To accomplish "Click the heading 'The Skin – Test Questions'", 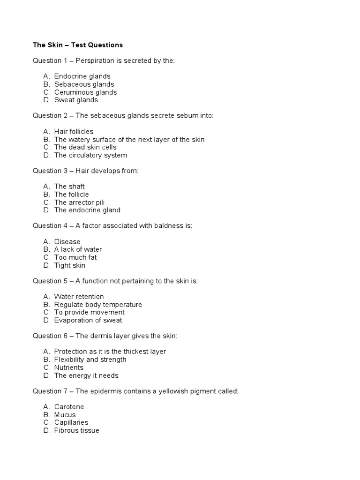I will [x=77, y=45].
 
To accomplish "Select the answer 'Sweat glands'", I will [x=76, y=100].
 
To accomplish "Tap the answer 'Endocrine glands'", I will [x=82, y=76].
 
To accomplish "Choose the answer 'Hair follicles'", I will [x=74, y=131].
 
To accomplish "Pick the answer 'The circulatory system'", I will [x=90, y=155].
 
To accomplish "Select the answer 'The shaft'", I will [x=69, y=186].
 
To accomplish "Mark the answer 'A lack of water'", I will [x=78, y=249].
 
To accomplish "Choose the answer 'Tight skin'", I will [x=70, y=265].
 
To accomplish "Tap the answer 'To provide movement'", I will [x=89, y=312].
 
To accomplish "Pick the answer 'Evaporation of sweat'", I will [x=88, y=320].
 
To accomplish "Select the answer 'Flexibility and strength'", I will [x=90, y=360].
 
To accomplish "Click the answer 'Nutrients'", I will [x=68, y=367].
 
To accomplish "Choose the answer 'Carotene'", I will [x=69, y=407].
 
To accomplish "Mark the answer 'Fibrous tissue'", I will [x=76, y=430].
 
